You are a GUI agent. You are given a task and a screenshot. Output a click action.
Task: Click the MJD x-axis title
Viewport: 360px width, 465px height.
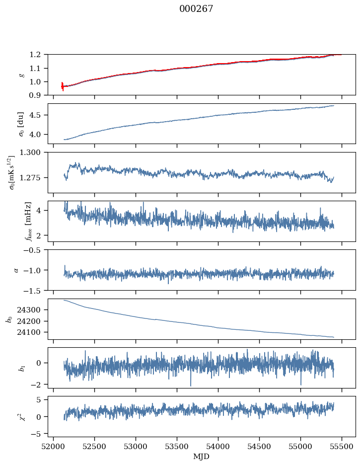tap(202, 457)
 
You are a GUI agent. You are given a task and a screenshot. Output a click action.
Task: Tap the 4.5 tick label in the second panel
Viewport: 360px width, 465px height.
tap(38, 115)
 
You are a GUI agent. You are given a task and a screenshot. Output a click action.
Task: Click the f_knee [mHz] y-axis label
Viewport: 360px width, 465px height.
tap(14, 221)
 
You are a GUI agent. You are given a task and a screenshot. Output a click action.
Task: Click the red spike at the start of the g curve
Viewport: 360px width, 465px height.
tap(63, 86)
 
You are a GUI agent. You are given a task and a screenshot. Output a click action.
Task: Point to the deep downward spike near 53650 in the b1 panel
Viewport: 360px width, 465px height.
tap(191, 385)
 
